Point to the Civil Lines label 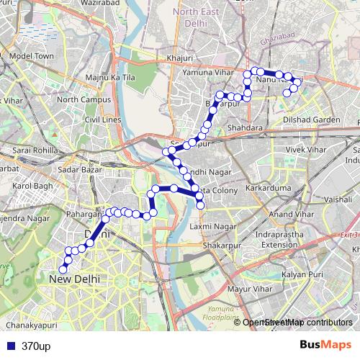(x=102, y=120)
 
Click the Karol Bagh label (x=34, y=186)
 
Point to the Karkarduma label (x=266, y=187)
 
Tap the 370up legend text (x=35, y=346)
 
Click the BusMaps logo (x=325, y=345)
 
